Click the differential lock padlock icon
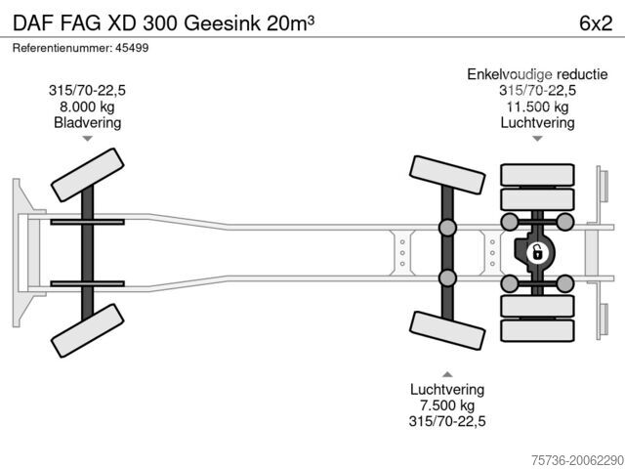[537, 253]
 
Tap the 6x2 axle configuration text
[596, 23]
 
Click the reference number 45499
[132, 48]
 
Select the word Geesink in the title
[223, 23]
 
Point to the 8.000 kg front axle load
[87, 107]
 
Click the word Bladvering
[87, 122]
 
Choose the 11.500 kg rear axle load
[537, 107]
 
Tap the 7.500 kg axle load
[447, 405]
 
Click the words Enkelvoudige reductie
[537, 74]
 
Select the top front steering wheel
[87, 175]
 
